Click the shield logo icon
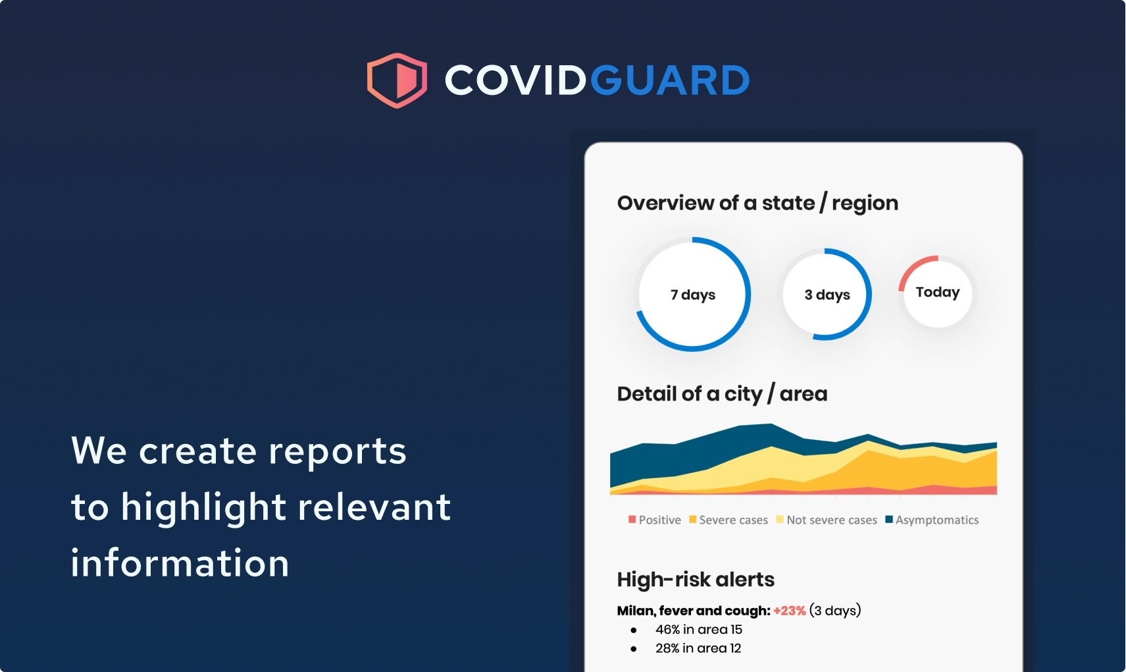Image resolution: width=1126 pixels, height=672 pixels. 397,80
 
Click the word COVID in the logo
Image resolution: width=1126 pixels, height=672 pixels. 515,80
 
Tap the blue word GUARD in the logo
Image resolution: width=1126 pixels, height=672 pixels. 670,80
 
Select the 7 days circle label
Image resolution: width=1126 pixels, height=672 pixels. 693,294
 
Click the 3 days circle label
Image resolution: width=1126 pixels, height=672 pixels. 827,294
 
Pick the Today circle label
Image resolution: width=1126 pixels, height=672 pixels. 938,292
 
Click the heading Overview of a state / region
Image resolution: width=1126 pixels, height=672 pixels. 757,203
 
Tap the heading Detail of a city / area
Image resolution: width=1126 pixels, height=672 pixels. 722,394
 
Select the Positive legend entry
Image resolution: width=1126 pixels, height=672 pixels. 655,520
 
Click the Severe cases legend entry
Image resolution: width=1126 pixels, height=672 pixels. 729,520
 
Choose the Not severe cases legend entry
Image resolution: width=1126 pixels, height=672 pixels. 827,520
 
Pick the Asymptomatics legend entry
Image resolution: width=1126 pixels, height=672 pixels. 933,520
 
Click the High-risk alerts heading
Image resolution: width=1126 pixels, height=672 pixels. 696,580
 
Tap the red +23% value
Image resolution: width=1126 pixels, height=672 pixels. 789,611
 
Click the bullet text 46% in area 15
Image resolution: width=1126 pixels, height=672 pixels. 698,630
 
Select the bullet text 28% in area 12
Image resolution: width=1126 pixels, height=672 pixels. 698,648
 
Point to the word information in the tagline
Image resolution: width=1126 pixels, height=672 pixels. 180,564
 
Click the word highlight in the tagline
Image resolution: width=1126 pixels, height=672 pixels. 203,508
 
